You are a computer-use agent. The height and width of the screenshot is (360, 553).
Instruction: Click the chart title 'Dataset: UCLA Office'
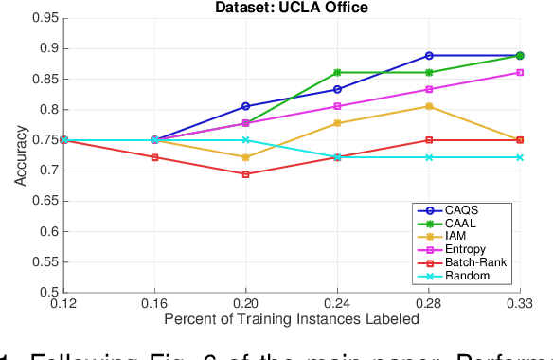300,8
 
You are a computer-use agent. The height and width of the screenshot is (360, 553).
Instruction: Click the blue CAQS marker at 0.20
246,106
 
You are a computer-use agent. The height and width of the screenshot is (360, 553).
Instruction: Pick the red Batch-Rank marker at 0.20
246,174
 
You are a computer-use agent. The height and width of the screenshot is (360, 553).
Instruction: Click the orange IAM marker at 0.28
429,106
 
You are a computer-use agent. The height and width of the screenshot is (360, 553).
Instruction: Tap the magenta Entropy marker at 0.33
521,72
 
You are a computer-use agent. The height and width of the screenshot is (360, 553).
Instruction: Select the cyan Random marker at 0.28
429,157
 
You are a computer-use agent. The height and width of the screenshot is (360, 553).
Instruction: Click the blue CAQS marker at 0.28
429,56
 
